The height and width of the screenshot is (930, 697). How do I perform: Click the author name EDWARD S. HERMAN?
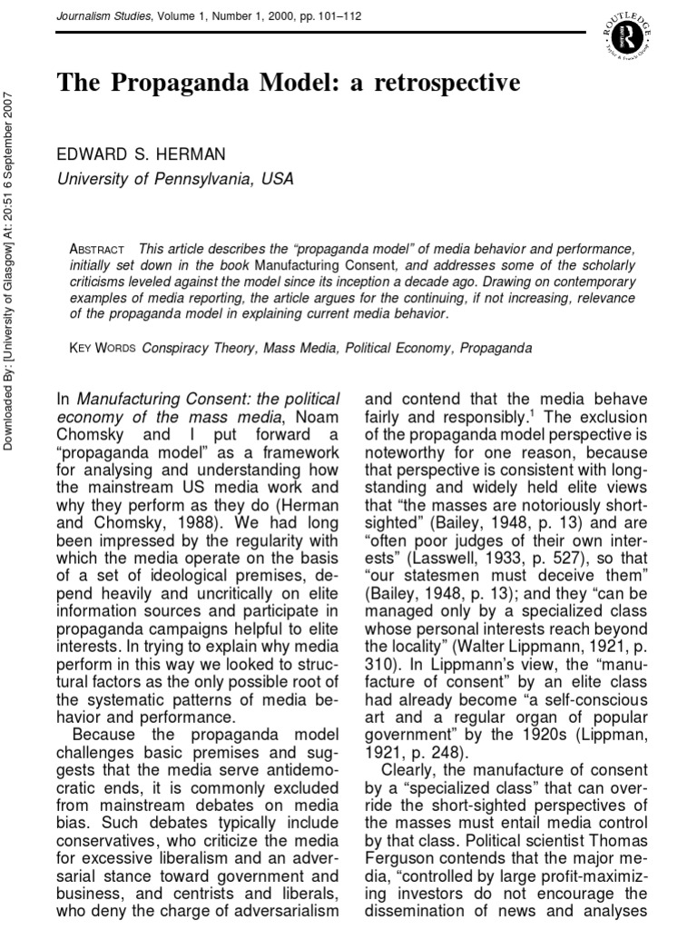[x=141, y=154]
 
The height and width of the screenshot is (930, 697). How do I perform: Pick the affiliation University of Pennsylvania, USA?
[x=176, y=179]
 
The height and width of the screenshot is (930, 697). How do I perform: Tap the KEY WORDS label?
[x=100, y=348]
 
